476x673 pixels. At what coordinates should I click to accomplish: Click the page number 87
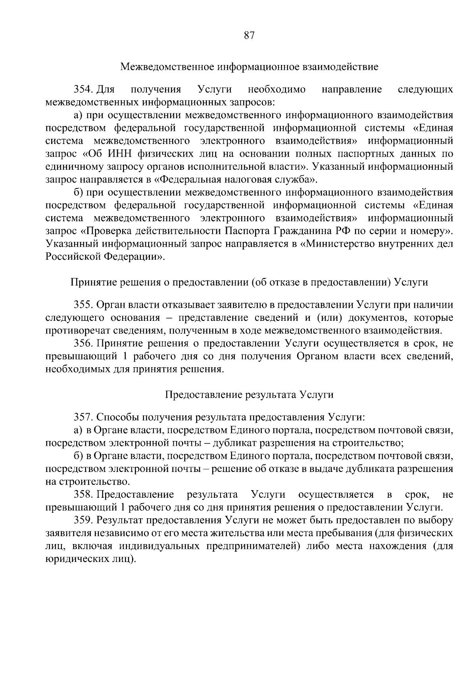(x=249, y=36)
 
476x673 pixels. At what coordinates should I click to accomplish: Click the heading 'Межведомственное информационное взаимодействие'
(x=249, y=66)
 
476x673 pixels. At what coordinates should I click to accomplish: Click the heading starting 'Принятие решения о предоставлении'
(x=249, y=282)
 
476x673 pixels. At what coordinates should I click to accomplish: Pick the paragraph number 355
(x=83, y=305)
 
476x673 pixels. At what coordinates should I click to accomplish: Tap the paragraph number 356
(x=83, y=343)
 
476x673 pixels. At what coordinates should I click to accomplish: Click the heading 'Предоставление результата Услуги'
(x=249, y=395)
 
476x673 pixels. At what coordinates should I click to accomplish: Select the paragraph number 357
(x=83, y=417)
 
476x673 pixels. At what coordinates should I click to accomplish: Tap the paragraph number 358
(x=83, y=495)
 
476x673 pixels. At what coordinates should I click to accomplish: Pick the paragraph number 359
(x=83, y=520)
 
